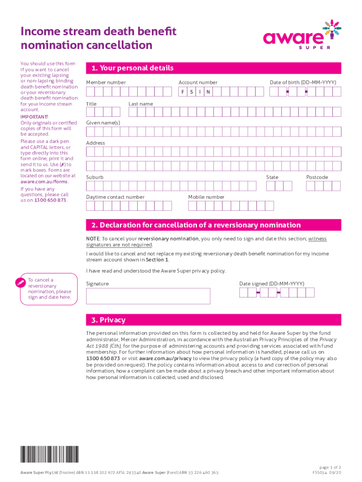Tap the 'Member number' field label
click(x=106, y=82)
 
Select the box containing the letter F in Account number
click(x=183, y=92)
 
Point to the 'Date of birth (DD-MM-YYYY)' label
click(x=303, y=82)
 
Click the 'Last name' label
click(x=141, y=104)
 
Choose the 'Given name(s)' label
click(x=103, y=123)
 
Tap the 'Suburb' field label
click(x=94, y=177)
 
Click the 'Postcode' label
click(x=317, y=177)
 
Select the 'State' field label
click(x=272, y=177)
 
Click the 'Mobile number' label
click(x=206, y=197)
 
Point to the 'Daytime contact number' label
click(x=115, y=197)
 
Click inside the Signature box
click(x=148, y=296)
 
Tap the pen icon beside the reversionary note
click(x=19, y=283)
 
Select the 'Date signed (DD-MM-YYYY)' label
click(x=272, y=283)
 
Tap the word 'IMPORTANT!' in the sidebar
click(x=34, y=117)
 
